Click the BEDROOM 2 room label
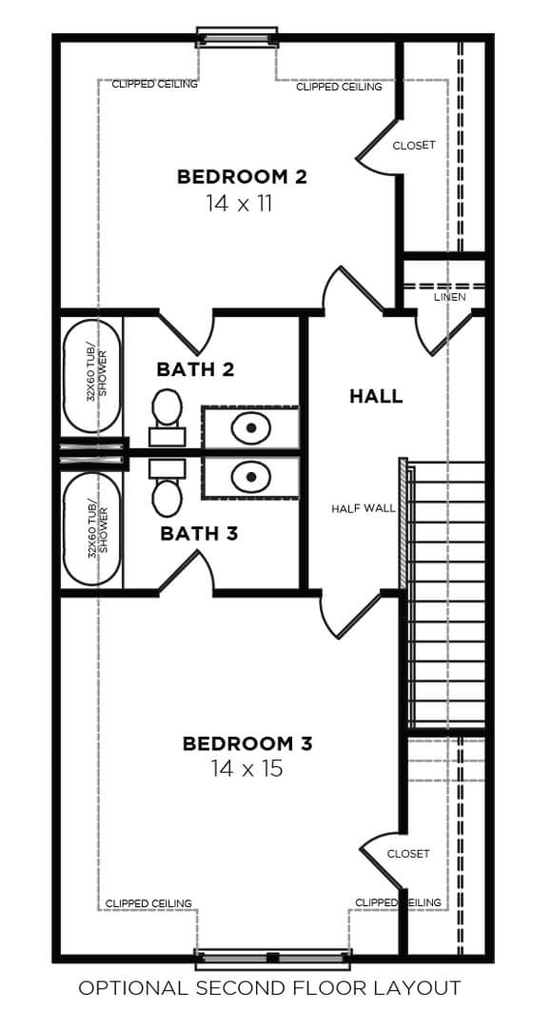pyautogui.click(x=242, y=177)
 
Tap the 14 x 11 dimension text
pyautogui.click(x=239, y=204)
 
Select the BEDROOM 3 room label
pyautogui.click(x=247, y=743)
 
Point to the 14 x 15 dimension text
pyautogui.click(x=247, y=768)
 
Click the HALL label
pyautogui.click(x=376, y=396)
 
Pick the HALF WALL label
pyautogui.click(x=364, y=508)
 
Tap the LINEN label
pyautogui.click(x=450, y=297)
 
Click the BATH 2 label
pyautogui.click(x=195, y=369)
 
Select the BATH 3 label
pyautogui.click(x=199, y=534)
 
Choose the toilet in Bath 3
pyautogui.click(x=168, y=487)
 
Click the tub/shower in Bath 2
pyautogui.click(x=92, y=376)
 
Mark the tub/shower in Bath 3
pyautogui.click(x=92, y=529)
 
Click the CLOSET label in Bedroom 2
pyautogui.click(x=414, y=146)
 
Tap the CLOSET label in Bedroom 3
pyautogui.click(x=408, y=854)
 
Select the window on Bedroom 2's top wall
pyautogui.click(x=237, y=38)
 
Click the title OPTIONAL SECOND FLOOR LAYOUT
pyautogui.click(x=270, y=987)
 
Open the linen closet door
pyautogui.click(x=452, y=334)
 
